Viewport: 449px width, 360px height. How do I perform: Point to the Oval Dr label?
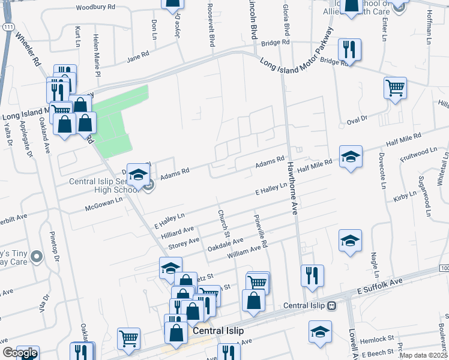pos(357,121)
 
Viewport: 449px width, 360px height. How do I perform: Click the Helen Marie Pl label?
pos(96,50)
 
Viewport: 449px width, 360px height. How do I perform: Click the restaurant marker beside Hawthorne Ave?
pos(312,275)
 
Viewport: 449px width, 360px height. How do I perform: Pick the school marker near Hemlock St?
pos(320,331)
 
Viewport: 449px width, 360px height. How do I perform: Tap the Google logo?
pos(20,353)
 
